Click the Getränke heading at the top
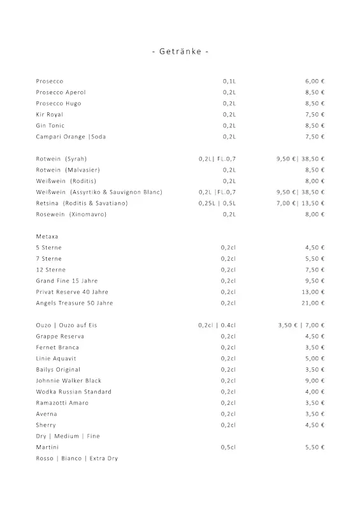coord(180,51)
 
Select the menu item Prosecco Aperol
coord(61,92)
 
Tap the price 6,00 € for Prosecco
coord(315,82)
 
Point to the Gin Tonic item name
coord(50,126)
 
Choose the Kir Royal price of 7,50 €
coord(315,115)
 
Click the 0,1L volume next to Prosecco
coord(229,82)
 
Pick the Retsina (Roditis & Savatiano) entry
coord(82,203)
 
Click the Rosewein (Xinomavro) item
coord(71,214)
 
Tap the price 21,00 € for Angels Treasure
coord(313,303)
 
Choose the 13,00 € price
coord(313,292)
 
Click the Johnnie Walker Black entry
coord(68,381)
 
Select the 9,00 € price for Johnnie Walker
coord(315,381)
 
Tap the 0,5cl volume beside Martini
coord(229,448)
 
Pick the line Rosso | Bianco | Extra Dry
coord(77,458)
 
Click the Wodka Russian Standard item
coord(73,391)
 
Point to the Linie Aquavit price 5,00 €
coord(315,358)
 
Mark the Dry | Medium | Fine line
coord(68,436)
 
